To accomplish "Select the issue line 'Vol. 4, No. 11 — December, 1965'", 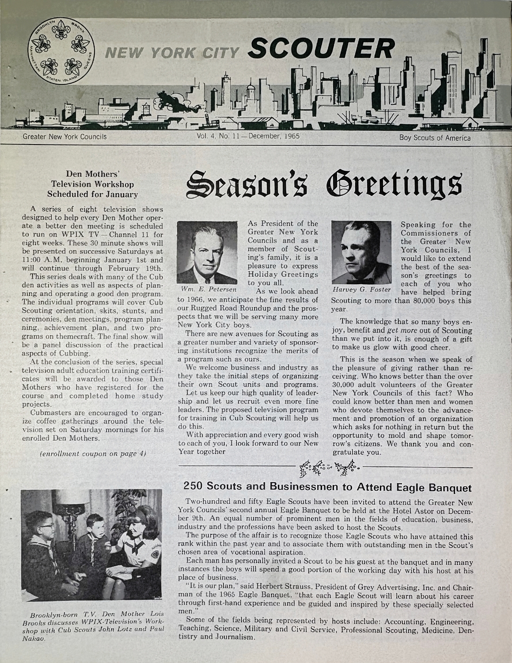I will [248, 137].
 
